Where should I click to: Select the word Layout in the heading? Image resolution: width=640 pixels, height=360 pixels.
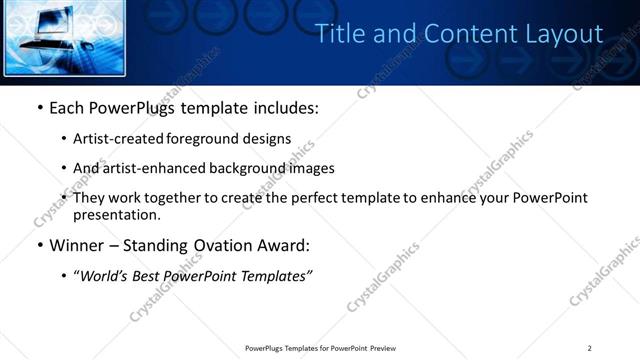565,34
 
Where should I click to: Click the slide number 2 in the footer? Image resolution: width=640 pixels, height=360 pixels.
589,347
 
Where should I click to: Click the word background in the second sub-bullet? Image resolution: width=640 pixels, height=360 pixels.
248,168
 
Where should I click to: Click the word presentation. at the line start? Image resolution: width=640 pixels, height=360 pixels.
116,214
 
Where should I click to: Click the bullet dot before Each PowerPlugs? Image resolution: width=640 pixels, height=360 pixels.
38,108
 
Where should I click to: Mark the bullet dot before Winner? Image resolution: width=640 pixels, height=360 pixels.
38,245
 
